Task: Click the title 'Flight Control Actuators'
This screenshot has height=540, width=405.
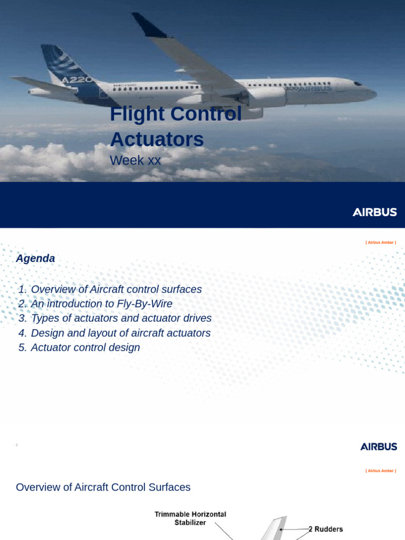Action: click(176, 127)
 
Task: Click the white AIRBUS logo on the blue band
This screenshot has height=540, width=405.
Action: click(374, 212)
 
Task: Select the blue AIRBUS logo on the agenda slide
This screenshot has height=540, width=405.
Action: click(379, 447)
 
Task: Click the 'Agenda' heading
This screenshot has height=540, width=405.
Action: click(35, 258)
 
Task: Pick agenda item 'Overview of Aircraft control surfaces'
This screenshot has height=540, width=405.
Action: click(110, 289)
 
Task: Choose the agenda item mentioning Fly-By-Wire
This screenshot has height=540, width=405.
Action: click(95, 304)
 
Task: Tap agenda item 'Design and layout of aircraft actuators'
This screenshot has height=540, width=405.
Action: click(114, 333)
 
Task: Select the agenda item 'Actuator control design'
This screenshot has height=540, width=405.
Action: click(79, 348)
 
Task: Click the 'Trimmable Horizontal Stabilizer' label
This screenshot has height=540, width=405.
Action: click(190, 518)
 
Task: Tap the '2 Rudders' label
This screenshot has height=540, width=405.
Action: click(325, 529)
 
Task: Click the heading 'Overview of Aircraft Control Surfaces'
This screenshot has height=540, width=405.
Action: click(103, 487)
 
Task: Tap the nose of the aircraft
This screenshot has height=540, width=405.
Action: click(372, 93)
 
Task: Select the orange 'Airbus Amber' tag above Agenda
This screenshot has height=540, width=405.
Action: click(380, 243)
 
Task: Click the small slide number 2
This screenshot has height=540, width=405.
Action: click(17, 446)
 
